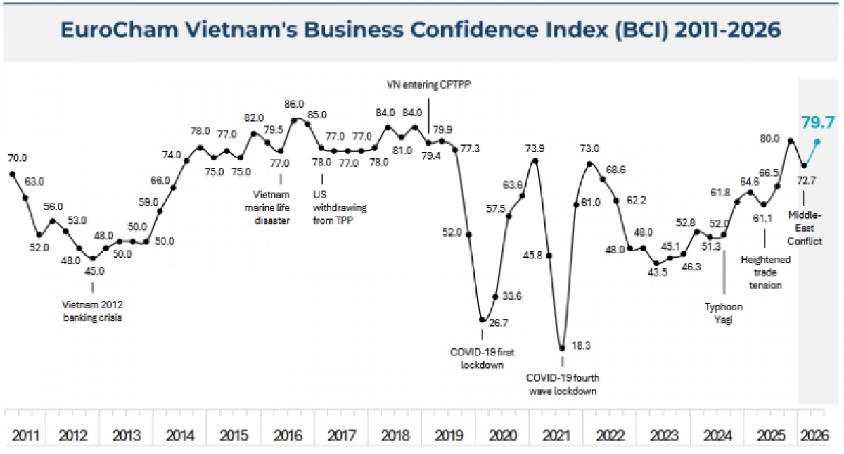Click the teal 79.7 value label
tap(817, 122)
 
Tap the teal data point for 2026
tap(817, 141)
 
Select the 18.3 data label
tap(581, 346)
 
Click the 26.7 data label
tap(498, 323)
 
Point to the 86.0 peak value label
tap(294, 104)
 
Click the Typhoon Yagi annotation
tap(724, 313)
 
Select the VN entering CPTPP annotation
tap(429, 84)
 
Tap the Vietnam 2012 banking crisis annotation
tap(92, 311)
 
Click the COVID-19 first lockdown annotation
tap(482, 358)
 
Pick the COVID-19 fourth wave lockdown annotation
tap(563, 384)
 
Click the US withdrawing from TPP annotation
tap(340, 208)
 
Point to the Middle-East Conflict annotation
tap(805, 228)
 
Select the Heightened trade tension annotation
tap(765, 272)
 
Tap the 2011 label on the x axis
tap(25, 436)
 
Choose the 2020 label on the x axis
tap(503, 436)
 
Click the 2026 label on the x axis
tap(815, 436)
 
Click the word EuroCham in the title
tap(120, 30)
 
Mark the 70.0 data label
tap(18, 158)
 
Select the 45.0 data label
tap(94, 271)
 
